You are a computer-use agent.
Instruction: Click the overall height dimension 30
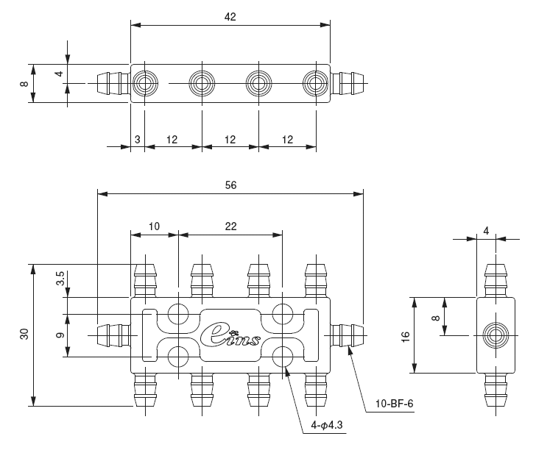click(x=24, y=334)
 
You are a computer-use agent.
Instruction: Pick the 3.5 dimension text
click(x=60, y=279)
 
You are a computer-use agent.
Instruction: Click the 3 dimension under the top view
click(x=136, y=138)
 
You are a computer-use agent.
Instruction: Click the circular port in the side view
click(x=494, y=335)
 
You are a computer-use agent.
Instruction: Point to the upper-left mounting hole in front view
click(x=178, y=314)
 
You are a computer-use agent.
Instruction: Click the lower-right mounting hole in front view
click(x=282, y=357)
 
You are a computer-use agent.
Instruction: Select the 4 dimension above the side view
click(x=486, y=230)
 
